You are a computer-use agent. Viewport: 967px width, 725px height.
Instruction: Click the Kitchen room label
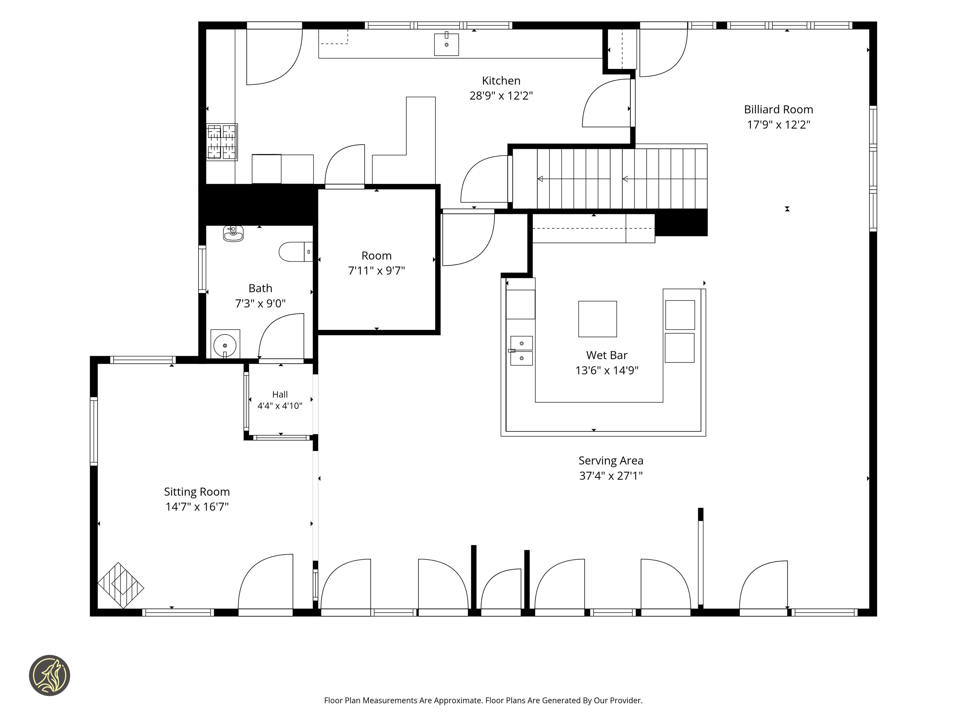[501, 81]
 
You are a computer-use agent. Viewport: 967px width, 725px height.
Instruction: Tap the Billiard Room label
[778, 110]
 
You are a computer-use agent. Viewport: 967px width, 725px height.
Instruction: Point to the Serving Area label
[611, 461]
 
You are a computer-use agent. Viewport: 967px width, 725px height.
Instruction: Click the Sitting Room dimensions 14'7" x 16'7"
[197, 507]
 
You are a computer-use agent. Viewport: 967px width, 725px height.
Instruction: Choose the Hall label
[280, 395]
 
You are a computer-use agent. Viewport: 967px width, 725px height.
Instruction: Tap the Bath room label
[260, 288]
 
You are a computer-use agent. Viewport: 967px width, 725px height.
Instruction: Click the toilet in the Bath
[296, 252]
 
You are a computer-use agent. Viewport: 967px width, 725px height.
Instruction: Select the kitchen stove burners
[222, 142]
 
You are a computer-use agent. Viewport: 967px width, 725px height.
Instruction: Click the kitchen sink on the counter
[446, 44]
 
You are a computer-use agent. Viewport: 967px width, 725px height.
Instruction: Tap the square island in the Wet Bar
[598, 319]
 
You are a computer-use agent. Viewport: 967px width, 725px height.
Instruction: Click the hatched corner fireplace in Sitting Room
[121, 585]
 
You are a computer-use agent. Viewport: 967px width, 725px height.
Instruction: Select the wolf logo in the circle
[49, 675]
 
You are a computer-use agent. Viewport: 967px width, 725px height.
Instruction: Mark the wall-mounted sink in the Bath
[234, 234]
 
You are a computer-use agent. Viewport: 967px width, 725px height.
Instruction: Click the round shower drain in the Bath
[225, 345]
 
